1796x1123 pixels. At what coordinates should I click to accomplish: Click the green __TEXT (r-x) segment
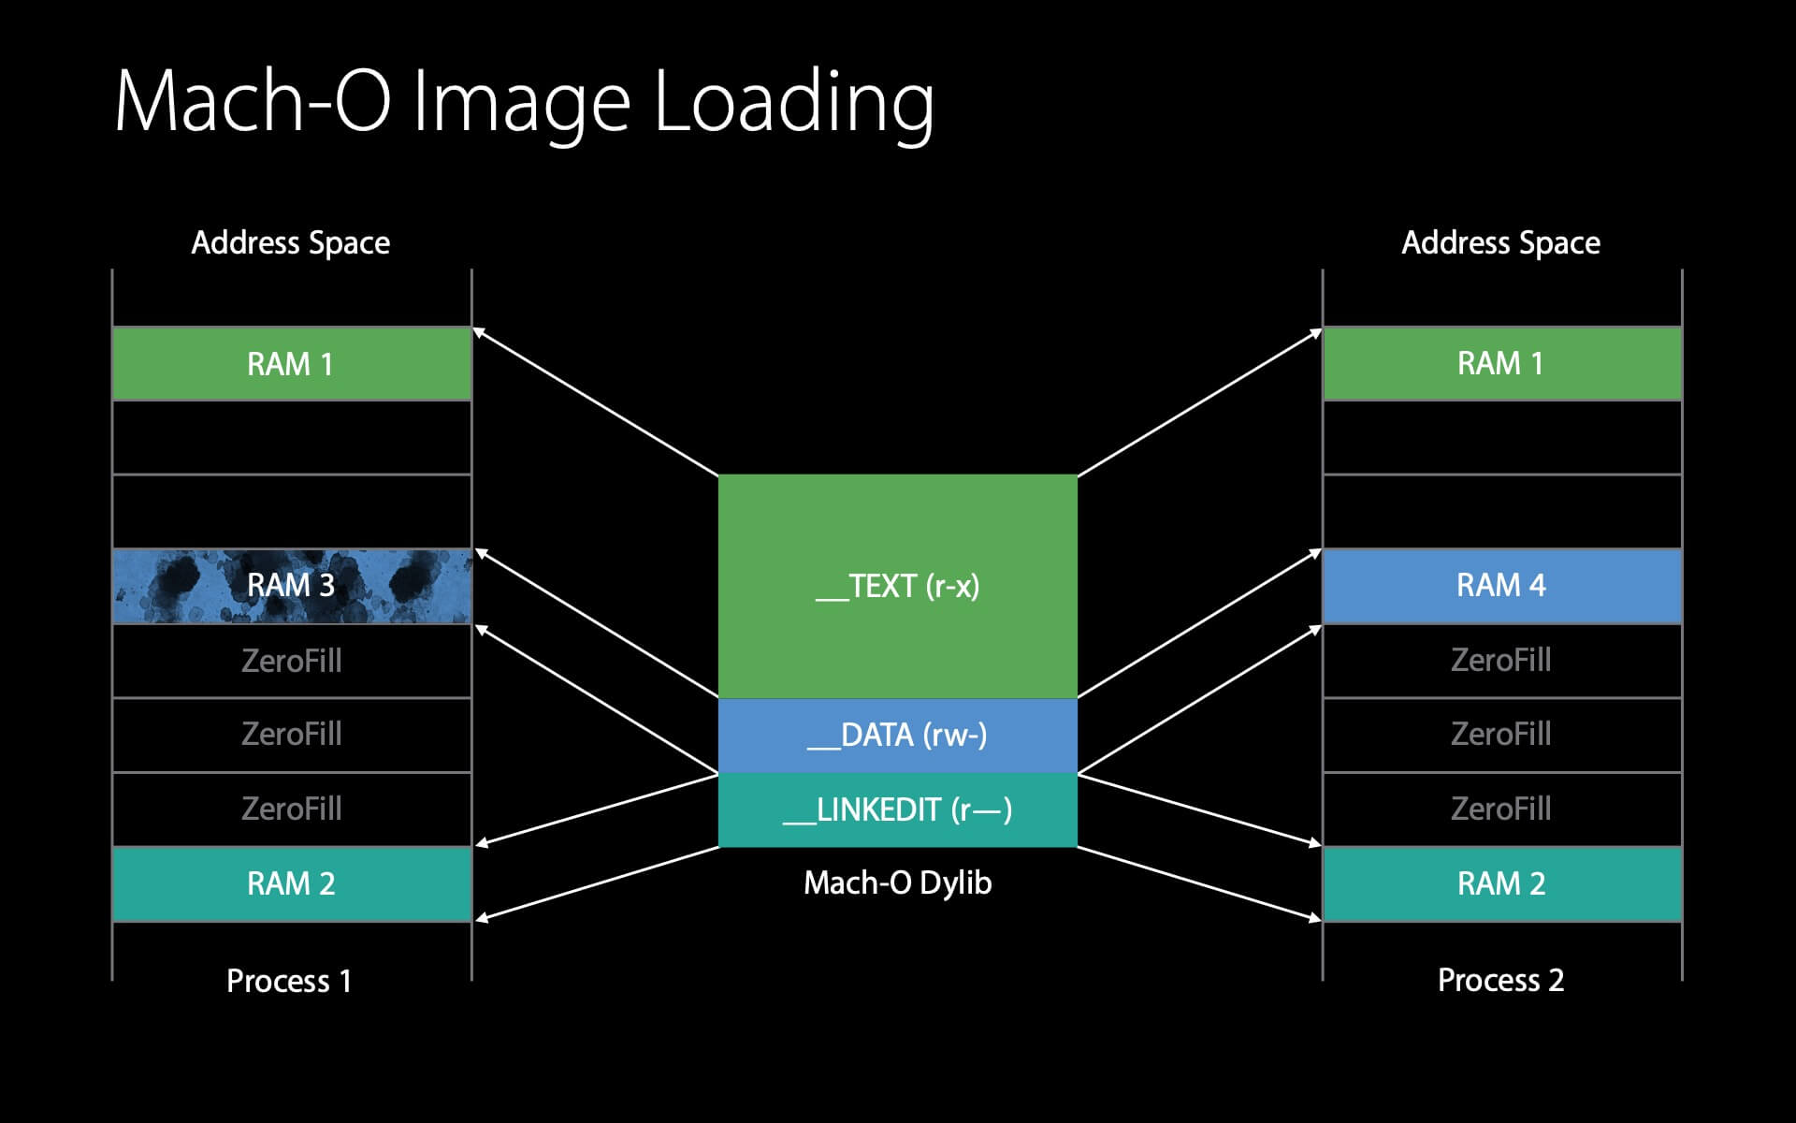tap(897, 586)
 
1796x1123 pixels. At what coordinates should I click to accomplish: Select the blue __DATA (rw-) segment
tap(897, 735)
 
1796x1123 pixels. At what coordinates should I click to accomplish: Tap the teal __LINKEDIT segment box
tap(897, 809)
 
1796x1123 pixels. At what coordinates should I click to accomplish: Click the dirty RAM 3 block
tap(291, 586)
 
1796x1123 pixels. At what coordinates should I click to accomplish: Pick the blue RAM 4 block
tap(1501, 586)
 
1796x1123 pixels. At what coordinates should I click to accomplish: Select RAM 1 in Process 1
tap(291, 363)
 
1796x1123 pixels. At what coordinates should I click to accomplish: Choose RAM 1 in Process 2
tap(1501, 363)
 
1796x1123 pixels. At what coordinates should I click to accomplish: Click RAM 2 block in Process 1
tap(291, 883)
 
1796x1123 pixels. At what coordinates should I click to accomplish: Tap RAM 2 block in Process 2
tap(1501, 883)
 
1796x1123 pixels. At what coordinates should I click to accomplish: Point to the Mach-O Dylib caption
tap(897, 882)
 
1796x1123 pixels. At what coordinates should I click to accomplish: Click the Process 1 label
tap(289, 981)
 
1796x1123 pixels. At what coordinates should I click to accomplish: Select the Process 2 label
tap(1500, 980)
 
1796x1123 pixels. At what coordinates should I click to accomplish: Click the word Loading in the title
tap(793, 103)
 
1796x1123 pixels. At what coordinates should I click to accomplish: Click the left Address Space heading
tap(291, 242)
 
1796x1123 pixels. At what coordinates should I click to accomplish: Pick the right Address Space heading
tap(1500, 242)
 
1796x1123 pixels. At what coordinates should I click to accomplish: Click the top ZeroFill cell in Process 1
tap(291, 661)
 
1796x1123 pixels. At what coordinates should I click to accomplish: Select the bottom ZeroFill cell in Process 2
tap(1501, 809)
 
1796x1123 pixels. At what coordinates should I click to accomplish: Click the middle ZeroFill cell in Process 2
tap(1501, 734)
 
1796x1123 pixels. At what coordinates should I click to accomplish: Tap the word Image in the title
tap(521, 103)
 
